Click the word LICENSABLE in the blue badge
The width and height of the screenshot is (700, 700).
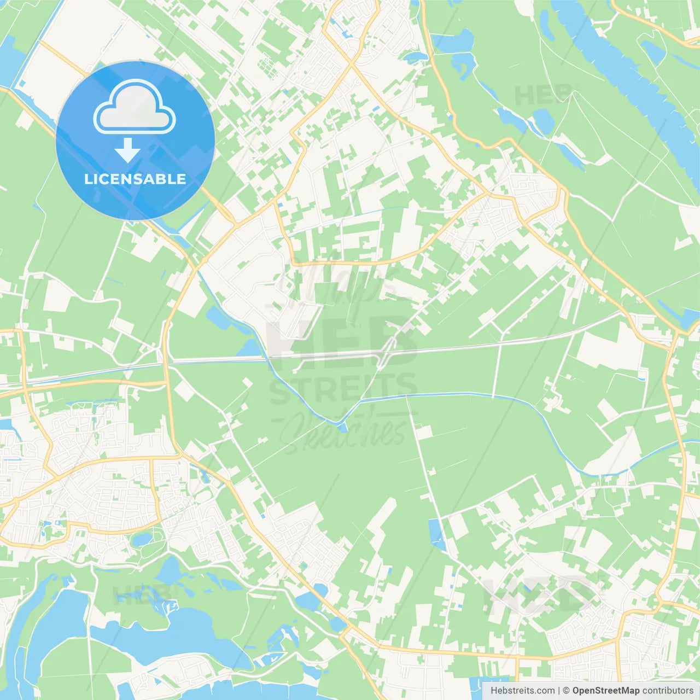pos(135,179)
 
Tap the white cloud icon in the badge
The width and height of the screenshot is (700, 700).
pos(135,108)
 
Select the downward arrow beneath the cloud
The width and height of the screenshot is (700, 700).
pos(127,150)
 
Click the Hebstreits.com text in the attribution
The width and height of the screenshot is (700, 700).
pos(522,691)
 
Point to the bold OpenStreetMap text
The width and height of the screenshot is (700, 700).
pos(605,691)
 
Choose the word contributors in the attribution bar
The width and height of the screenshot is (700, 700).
pos(668,691)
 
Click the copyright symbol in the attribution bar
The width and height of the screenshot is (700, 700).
pos(566,691)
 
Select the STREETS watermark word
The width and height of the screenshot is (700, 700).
pos(343,389)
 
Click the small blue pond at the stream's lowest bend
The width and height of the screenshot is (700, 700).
pos(342,427)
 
